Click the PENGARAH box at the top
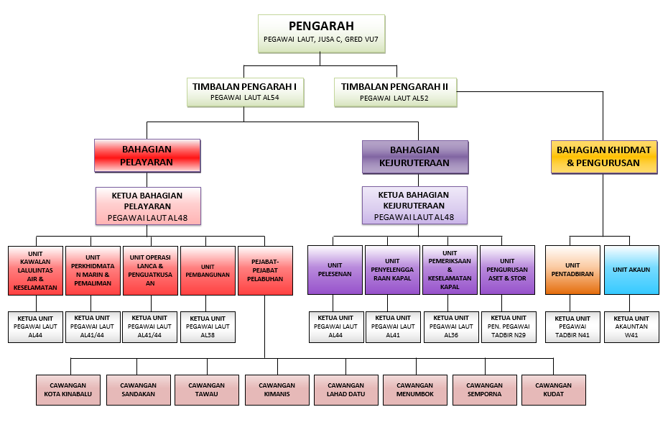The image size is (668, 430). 320,33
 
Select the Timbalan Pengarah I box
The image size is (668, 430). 244,91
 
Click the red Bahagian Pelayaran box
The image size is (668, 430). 147,155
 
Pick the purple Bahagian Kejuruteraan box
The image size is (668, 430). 414,156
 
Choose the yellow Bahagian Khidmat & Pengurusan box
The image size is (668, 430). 603,156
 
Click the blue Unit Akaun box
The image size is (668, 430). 631,270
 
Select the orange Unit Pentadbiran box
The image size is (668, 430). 572,270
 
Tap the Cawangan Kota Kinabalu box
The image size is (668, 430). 68,390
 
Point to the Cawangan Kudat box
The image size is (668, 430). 553,390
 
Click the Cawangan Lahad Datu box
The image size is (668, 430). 345,390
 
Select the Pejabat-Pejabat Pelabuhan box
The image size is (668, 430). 265,270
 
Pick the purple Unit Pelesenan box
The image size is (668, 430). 335,270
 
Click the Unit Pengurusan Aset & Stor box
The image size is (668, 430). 507,270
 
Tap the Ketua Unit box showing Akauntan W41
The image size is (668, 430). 631,327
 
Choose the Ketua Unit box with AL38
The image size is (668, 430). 208,327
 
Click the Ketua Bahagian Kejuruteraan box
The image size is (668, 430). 414,206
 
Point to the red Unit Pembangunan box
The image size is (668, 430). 208,270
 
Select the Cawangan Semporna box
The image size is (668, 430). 484,390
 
